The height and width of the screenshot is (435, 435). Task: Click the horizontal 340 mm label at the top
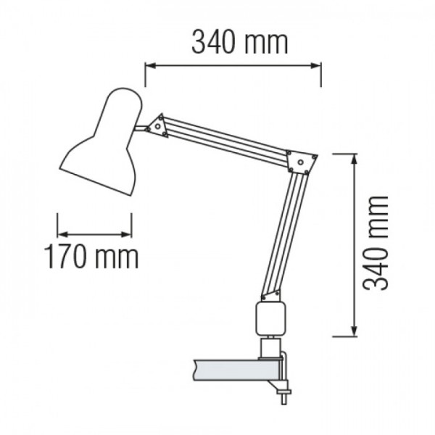(x=240, y=43)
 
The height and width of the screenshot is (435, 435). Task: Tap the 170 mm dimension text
(x=91, y=257)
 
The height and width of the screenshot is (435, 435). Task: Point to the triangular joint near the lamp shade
(x=157, y=126)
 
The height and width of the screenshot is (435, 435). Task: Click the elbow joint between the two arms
(x=301, y=162)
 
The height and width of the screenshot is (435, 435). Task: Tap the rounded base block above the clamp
(x=270, y=319)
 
